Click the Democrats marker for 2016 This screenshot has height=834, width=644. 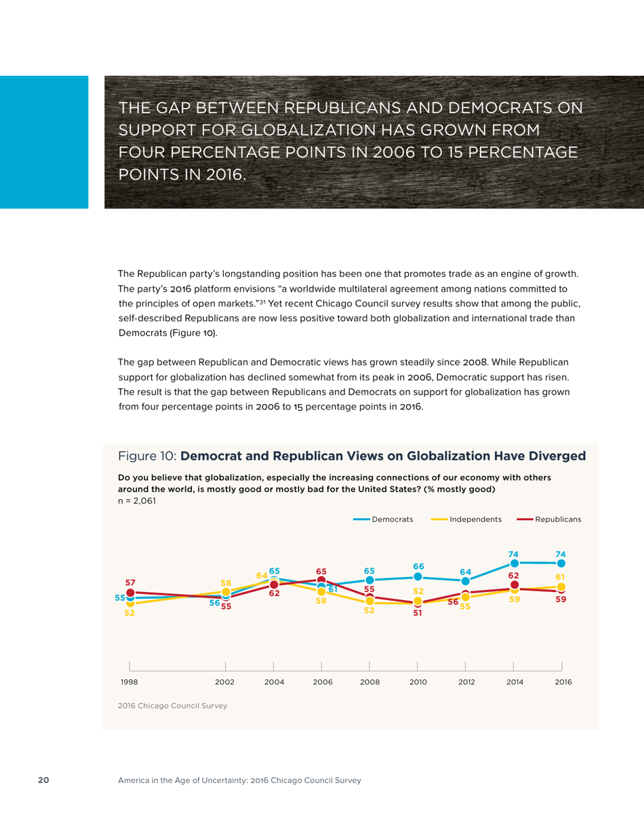click(x=561, y=563)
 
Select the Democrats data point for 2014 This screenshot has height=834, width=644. click(x=515, y=563)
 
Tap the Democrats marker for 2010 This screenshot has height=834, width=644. click(x=418, y=576)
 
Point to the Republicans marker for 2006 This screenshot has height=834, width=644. click(x=321, y=580)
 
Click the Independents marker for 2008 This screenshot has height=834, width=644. click(x=369, y=601)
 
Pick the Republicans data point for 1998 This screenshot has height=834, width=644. click(x=130, y=592)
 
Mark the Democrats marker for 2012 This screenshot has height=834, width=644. click(x=466, y=581)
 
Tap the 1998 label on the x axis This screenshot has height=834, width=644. click(x=129, y=682)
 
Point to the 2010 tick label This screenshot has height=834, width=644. click(x=418, y=682)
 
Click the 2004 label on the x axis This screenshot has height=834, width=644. click(x=274, y=682)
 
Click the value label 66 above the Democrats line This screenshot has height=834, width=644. click(x=418, y=566)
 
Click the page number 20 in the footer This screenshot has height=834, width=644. click(x=43, y=780)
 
